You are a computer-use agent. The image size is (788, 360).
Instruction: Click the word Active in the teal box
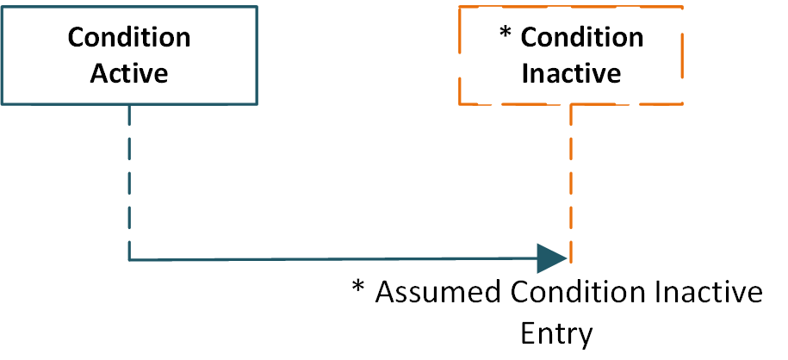[129, 73]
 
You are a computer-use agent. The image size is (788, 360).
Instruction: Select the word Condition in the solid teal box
[129, 38]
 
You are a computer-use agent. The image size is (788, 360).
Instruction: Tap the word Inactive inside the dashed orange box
[571, 73]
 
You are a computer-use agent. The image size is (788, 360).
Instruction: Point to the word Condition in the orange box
[582, 38]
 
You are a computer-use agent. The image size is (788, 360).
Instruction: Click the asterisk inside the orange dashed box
[506, 34]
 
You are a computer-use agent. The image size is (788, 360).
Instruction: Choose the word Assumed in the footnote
[438, 293]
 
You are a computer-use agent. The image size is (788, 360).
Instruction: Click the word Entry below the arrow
[558, 333]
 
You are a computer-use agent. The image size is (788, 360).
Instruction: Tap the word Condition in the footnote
[577, 293]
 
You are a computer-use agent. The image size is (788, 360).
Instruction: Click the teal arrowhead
[551, 258]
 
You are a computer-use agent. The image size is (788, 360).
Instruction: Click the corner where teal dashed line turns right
[129, 258]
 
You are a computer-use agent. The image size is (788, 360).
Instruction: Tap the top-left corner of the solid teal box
[3, 7]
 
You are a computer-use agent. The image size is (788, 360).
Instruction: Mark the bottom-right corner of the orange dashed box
[683, 105]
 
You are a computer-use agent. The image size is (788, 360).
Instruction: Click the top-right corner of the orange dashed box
[683, 7]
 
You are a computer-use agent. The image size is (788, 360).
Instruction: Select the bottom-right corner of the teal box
[256, 105]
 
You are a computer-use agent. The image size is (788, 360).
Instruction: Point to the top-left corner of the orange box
[459, 7]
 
